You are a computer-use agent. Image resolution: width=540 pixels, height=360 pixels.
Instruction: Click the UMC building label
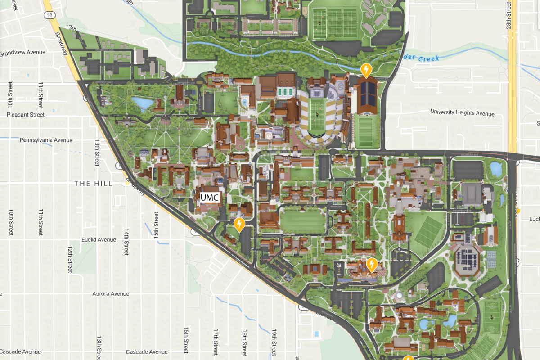coord(210,198)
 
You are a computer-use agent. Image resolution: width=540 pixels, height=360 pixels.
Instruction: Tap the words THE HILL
coord(94,184)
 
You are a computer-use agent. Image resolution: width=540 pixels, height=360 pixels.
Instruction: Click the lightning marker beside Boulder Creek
coord(367,70)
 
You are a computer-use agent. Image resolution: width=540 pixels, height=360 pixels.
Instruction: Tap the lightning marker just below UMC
coord(239,224)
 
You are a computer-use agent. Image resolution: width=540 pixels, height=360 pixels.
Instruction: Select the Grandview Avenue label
coord(22,53)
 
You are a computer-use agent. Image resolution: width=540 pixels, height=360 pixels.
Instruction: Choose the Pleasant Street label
coord(26,115)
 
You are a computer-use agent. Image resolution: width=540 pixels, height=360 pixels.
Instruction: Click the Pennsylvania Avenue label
coord(46,140)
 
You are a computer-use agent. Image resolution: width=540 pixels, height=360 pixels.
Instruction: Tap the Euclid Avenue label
coord(99,240)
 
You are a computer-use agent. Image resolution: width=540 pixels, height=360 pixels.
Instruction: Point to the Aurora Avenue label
coord(111,294)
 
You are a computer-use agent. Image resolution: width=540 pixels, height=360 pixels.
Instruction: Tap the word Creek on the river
coord(428,58)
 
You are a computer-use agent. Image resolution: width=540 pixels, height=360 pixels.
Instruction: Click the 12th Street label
coord(71,259)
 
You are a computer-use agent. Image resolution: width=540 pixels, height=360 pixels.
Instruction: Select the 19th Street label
coord(274,342)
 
